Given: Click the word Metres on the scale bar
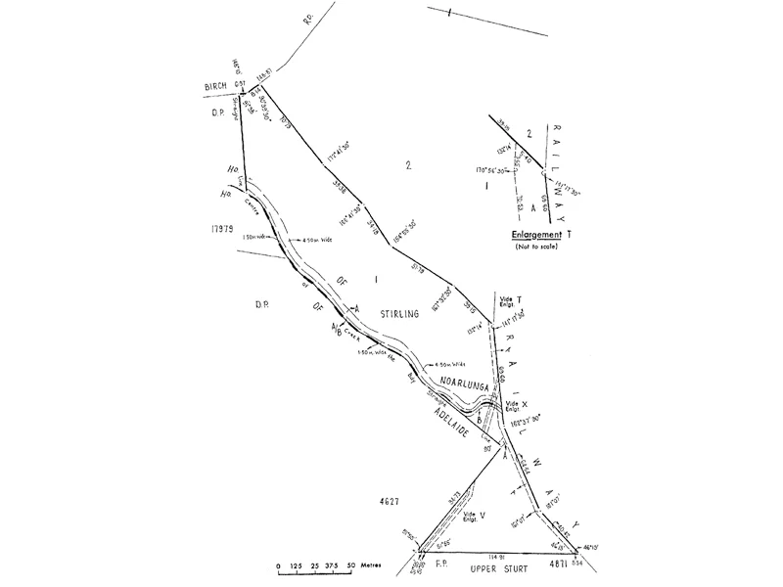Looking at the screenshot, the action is pos(371,567).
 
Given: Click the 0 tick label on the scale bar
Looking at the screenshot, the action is pos(279,567).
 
